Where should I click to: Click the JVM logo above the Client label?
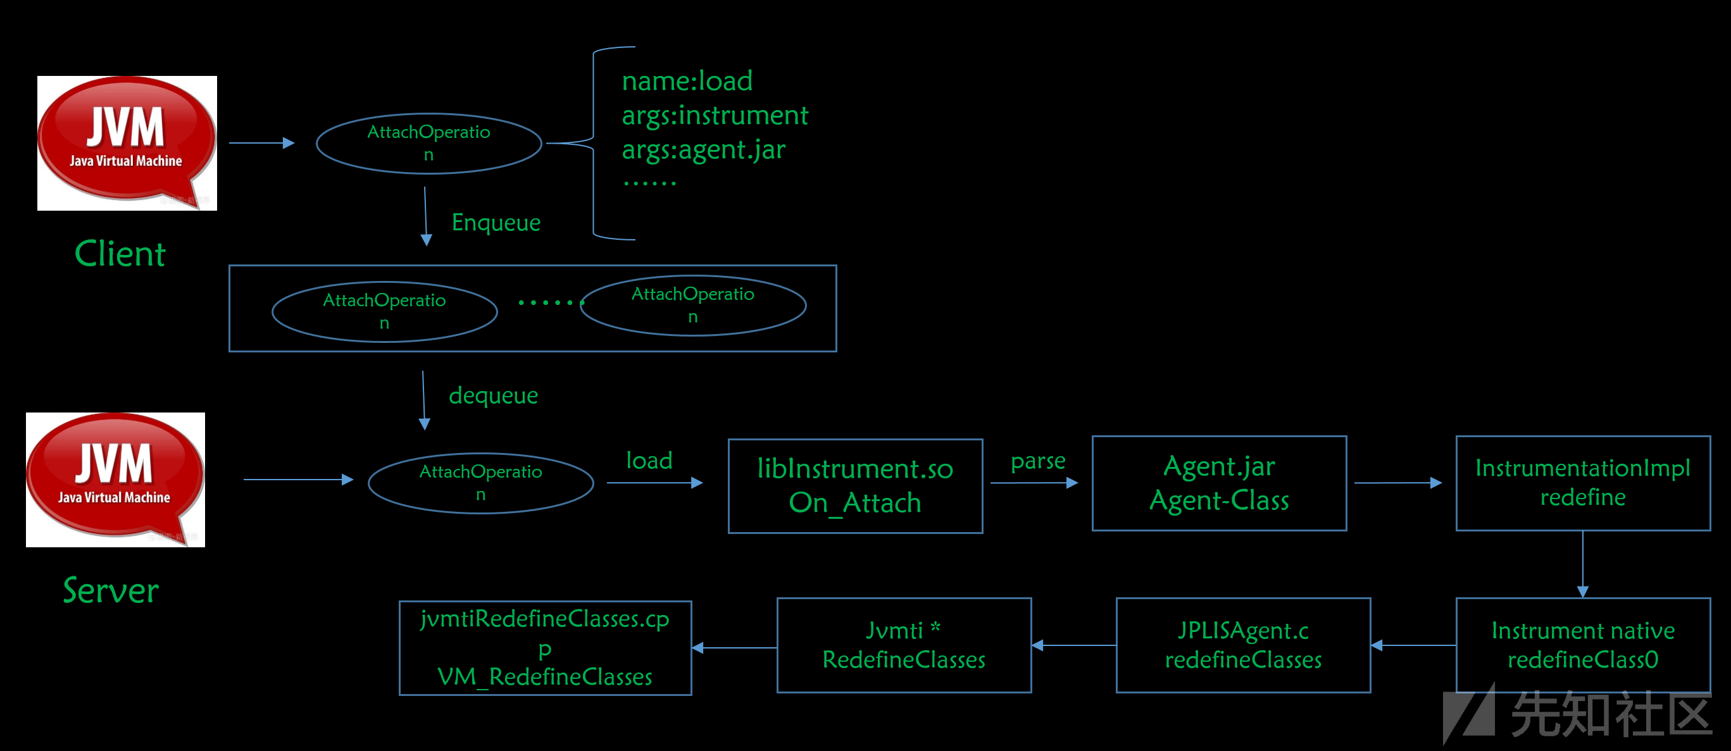(x=127, y=143)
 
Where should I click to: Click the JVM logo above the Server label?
(x=116, y=480)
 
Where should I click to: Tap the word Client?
(x=120, y=254)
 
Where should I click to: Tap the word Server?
(x=111, y=590)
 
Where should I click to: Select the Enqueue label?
(x=496, y=222)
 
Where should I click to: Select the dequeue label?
(x=493, y=395)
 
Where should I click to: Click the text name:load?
(x=687, y=81)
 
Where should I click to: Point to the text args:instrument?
(x=715, y=116)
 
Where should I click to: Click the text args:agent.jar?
(x=704, y=150)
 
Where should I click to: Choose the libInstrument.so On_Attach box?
(x=856, y=486)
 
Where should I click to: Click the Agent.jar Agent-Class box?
(x=1219, y=483)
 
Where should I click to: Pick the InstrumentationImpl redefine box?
(x=1583, y=483)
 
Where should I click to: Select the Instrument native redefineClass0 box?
(x=1583, y=645)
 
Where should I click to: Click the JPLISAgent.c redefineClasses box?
(x=1243, y=645)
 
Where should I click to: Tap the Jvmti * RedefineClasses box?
(x=904, y=645)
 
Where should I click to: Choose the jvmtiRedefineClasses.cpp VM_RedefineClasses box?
(x=545, y=647)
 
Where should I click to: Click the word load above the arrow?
(x=649, y=461)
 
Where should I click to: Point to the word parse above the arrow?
(x=1038, y=461)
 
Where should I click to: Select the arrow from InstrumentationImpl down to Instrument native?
(x=1583, y=564)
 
